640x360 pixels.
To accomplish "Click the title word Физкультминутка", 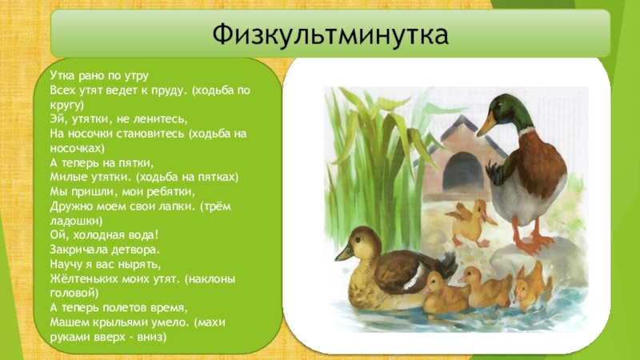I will pyautogui.click(x=331, y=34).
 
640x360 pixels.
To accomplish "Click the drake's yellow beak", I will pyautogui.click(x=487, y=123).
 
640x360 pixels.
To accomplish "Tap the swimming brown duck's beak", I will pyautogui.click(x=343, y=253).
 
